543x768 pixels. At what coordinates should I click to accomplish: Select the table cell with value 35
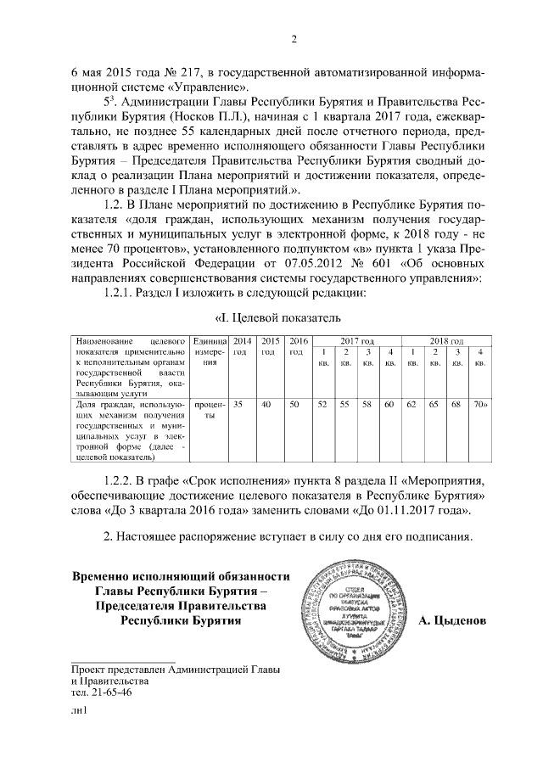[238, 406]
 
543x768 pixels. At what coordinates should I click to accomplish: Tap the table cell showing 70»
[481, 406]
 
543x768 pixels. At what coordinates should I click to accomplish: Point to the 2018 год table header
[445, 339]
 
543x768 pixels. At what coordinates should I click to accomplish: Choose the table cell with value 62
[411, 406]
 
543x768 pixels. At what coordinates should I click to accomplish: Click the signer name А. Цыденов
[453, 620]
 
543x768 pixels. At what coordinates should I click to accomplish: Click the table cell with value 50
[294, 406]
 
